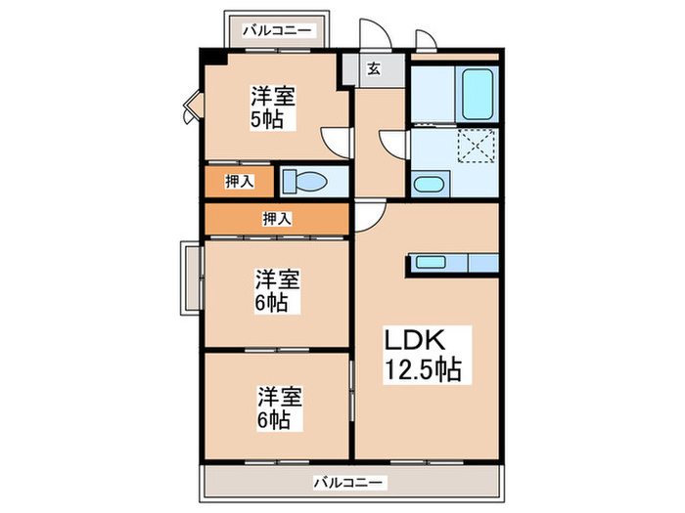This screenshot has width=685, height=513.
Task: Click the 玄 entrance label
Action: (x=374, y=68)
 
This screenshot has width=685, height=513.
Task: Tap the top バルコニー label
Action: (x=280, y=30)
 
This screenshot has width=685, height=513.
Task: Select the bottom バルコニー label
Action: (x=349, y=482)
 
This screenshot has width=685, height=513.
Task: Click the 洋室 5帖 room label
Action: (x=273, y=107)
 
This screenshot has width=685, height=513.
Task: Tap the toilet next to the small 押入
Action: (x=305, y=181)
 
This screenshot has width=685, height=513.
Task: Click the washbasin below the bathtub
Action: (x=428, y=184)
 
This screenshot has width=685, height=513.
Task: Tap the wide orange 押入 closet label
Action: (x=277, y=219)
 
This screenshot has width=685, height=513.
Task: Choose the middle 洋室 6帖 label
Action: (x=273, y=290)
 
